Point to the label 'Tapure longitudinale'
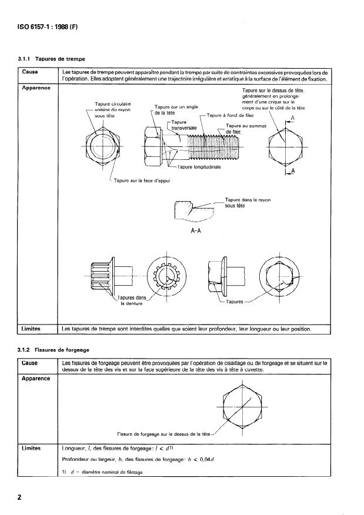[199, 167]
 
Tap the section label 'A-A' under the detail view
[196, 230]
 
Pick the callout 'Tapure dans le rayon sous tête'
[247, 203]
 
